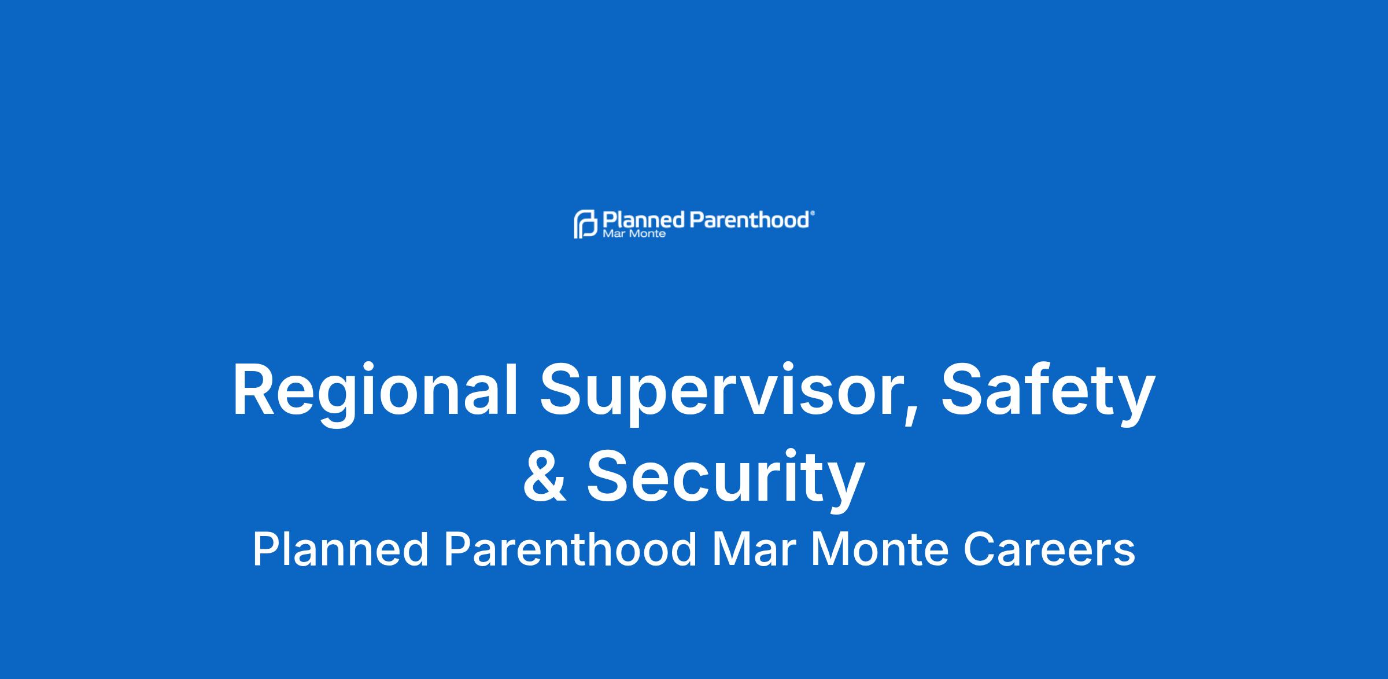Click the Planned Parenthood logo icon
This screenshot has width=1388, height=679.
tap(585, 224)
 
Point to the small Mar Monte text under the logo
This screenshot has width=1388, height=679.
tap(634, 234)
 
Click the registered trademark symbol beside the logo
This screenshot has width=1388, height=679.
tap(813, 213)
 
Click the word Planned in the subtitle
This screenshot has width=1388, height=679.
tap(340, 549)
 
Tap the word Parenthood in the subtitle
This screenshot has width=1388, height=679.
tap(570, 549)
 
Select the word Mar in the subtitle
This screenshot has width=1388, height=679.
tap(752, 549)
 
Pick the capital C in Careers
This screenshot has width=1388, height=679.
tap(979, 549)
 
